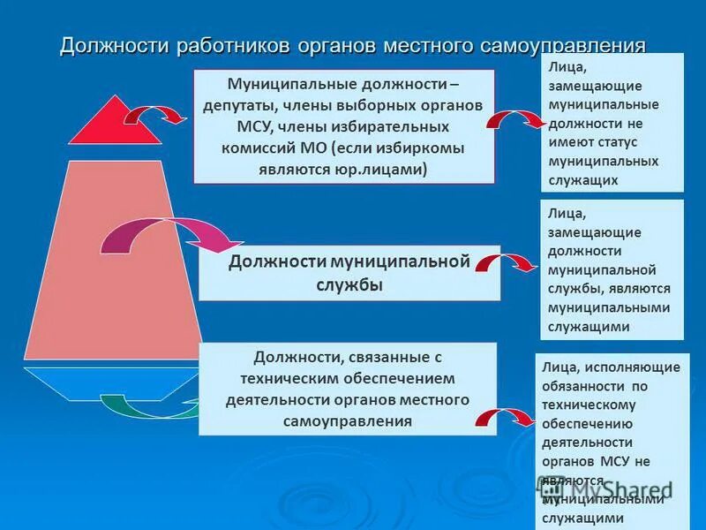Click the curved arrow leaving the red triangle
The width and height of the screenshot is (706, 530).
click(x=155, y=115)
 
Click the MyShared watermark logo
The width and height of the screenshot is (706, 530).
click(x=609, y=488)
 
